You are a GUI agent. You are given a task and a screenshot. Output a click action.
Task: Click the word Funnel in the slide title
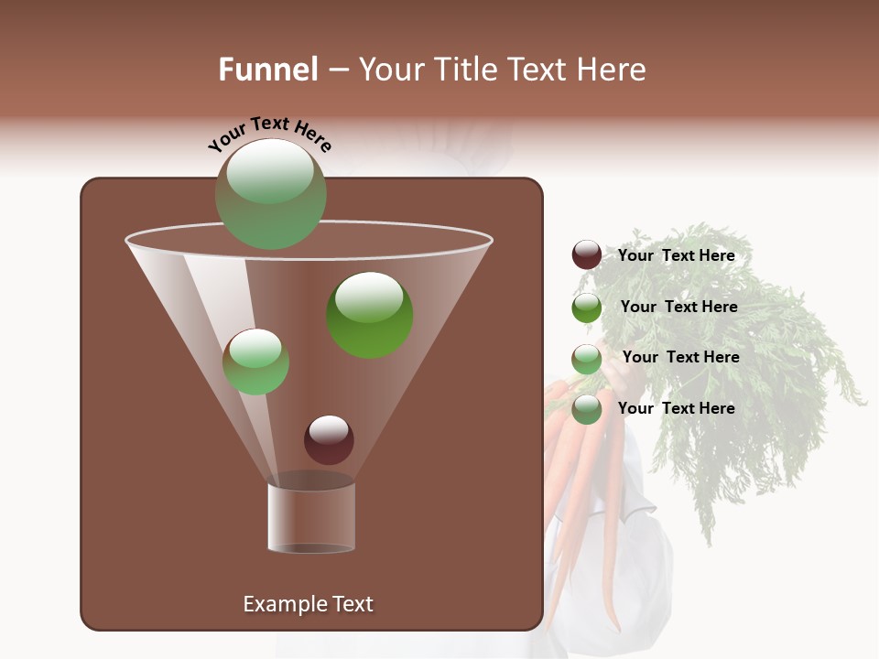pos(267,70)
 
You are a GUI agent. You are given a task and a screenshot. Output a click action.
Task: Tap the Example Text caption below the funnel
pos(308,604)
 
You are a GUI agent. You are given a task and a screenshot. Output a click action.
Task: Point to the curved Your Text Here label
pos(269,134)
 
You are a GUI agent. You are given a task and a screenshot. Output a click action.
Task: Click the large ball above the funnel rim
pos(270,194)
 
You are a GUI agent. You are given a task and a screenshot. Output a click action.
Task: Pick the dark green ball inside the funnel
pos(369,315)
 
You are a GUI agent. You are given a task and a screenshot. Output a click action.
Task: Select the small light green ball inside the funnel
pos(255,362)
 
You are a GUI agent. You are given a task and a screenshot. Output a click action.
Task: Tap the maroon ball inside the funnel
pos(329,439)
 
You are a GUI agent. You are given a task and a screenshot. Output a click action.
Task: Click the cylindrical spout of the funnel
pos(311,517)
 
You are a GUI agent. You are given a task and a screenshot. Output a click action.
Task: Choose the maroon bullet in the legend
pos(587,255)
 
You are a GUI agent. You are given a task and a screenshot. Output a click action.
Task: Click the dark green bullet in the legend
pos(587,308)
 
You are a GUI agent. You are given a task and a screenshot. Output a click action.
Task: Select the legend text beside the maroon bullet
pos(676,256)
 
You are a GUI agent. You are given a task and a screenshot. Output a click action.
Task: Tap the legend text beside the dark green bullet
pos(678,308)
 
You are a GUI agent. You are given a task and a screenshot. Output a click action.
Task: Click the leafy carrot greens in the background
pos(742,366)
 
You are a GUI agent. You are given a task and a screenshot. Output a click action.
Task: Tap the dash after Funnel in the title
pos(337,70)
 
